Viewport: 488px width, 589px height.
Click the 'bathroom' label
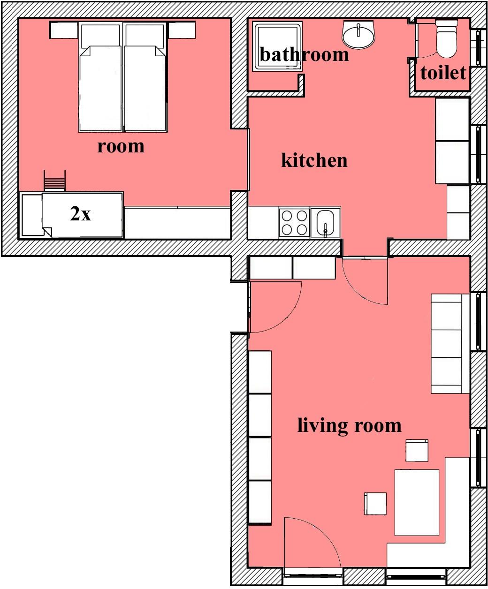coord(304,54)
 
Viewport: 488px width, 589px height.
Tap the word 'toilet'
coord(443,73)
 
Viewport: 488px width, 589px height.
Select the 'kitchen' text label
coord(314,160)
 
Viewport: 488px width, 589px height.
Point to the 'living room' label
coord(349,426)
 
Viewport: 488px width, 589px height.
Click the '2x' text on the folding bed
coord(81,214)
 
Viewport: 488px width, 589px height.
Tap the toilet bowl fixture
coord(447,38)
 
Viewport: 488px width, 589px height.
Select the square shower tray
coord(277,46)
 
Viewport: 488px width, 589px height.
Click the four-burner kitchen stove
coord(294,223)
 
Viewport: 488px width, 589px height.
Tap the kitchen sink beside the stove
coord(326,223)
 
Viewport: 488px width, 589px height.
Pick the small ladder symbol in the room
coord(55,181)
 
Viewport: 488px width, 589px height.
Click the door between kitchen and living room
coord(365,281)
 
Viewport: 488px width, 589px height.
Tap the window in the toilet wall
coord(478,47)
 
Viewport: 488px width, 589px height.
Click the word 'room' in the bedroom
coord(121,146)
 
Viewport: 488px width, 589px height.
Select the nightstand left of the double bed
coord(64,30)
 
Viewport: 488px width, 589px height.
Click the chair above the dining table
coord(417,451)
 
